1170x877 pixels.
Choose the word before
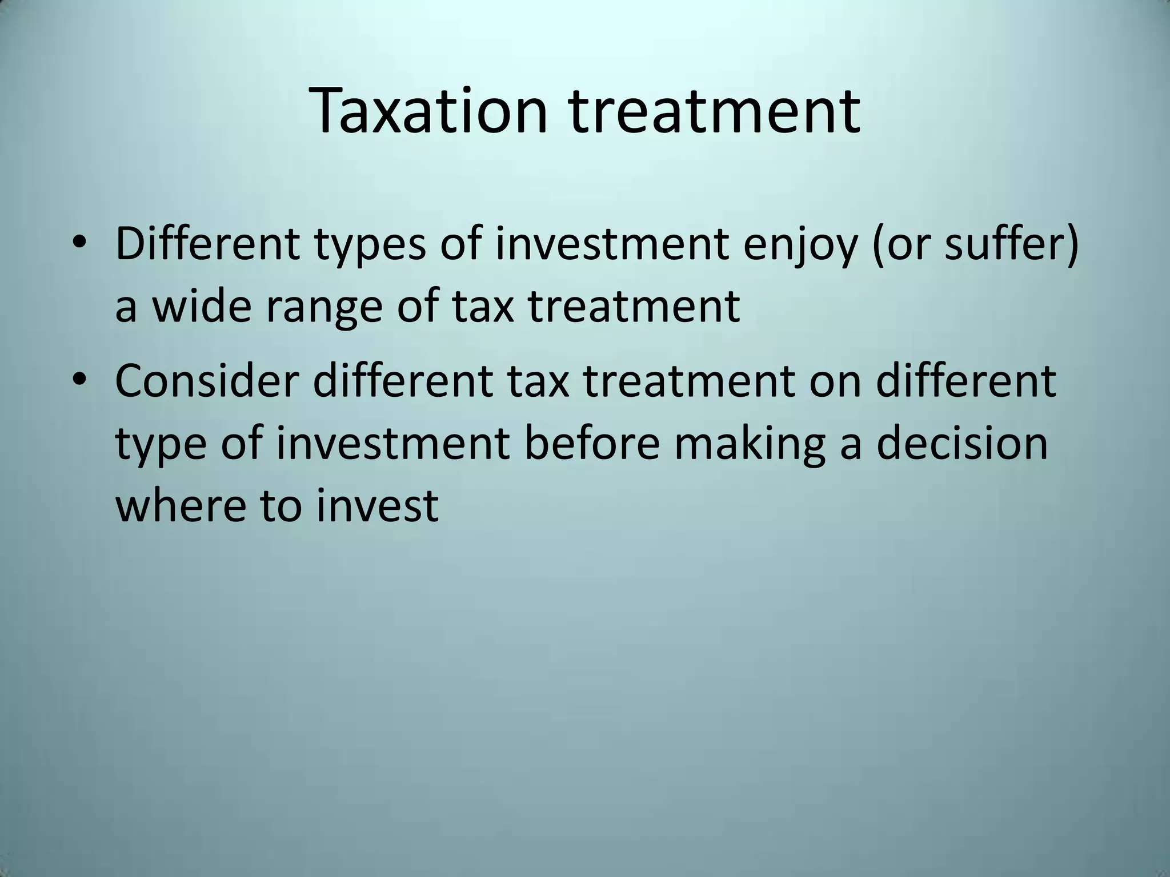[x=591, y=444]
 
